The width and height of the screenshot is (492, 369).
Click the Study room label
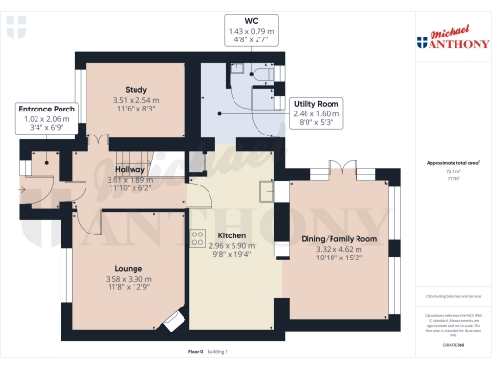(122, 90)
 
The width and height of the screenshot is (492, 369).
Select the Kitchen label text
(232, 235)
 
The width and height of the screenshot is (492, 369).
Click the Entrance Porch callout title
(47, 111)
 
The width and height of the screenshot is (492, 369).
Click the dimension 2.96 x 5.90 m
(232, 246)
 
